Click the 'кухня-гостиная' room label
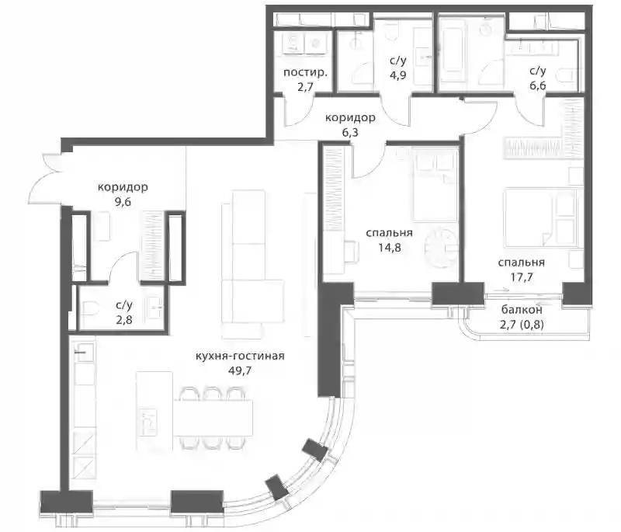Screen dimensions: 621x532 click(240, 356)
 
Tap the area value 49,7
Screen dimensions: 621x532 click(240, 370)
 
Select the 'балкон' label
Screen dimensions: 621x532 click(522, 309)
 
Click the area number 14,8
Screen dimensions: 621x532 click(389, 248)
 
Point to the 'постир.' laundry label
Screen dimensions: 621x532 click(305, 72)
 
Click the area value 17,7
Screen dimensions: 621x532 click(521, 277)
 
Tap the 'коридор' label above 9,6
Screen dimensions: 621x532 click(123, 186)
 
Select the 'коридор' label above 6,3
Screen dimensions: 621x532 click(350, 117)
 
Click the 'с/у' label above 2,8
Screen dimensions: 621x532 click(124, 305)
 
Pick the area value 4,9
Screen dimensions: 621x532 click(397, 75)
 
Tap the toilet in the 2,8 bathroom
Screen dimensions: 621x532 click(89, 308)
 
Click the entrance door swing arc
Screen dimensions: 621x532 click(44, 178)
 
